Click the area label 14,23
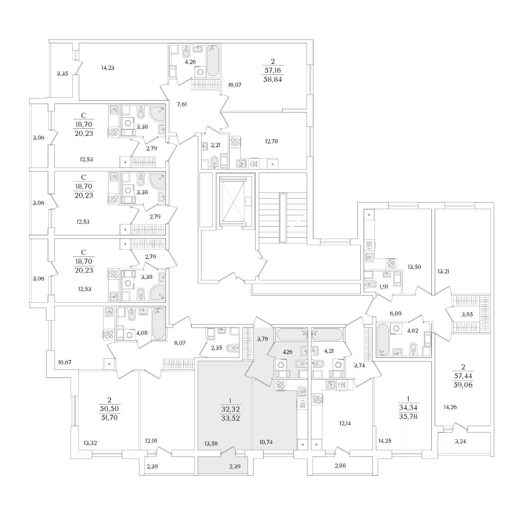108,68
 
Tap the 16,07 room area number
235,85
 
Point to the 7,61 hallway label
182,104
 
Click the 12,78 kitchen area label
271,141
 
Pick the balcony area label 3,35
62,74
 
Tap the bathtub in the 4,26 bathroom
213,61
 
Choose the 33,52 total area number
231,418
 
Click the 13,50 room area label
415,267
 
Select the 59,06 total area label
463,385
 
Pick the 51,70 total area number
109,418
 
